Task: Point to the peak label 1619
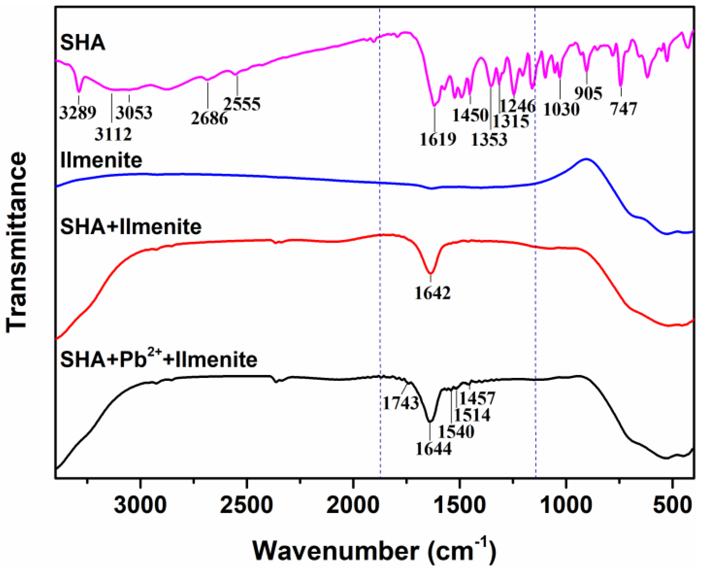coord(438,139)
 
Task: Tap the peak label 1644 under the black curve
coord(434,449)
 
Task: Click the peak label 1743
coord(401,403)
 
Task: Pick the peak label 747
coord(624,109)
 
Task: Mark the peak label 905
coord(588,94)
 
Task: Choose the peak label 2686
coord(209,118)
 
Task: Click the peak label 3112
coord(113,134)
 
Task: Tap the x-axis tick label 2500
coord(246,505)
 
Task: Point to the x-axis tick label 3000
coord(140,505)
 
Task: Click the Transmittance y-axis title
coord(16,242)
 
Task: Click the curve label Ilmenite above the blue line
coord(101,160)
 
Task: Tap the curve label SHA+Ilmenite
coord(131,227)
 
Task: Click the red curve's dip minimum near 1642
coord(431,273)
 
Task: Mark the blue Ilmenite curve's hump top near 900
coord(586,159)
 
